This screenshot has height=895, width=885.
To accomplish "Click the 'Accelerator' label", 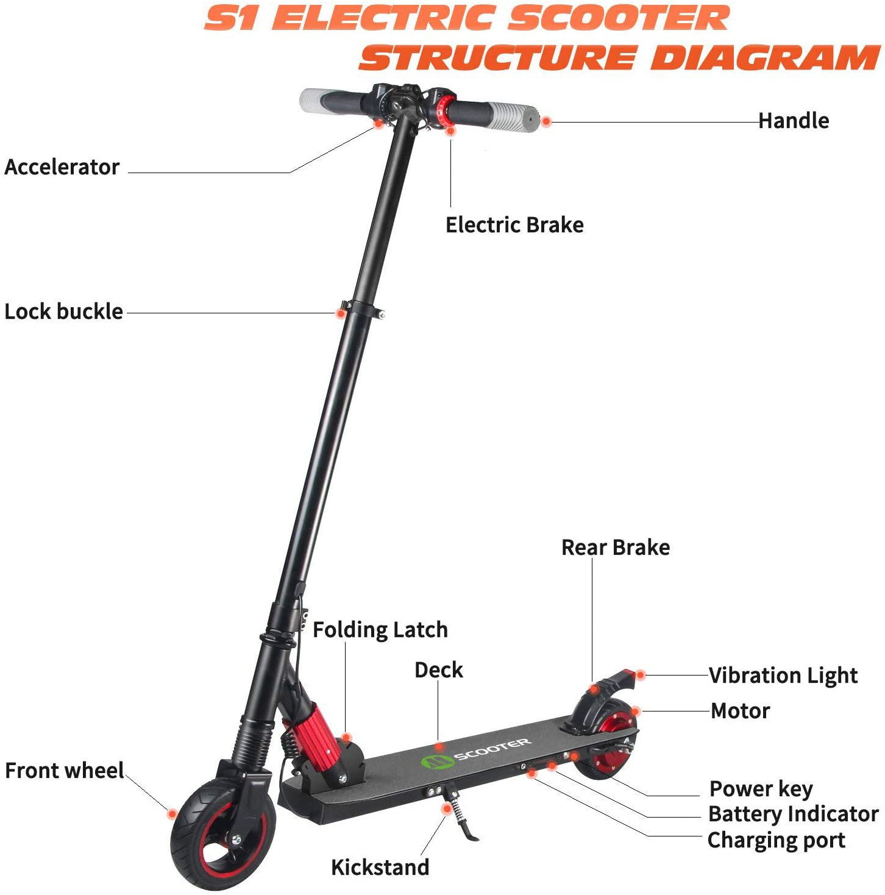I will point(62,167).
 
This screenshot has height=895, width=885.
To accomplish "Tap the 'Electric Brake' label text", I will point(514,225).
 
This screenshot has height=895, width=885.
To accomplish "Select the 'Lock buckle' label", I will point(63,312).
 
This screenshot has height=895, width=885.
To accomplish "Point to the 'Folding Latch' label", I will point(380,630).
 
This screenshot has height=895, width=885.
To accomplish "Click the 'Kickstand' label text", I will point(380,867).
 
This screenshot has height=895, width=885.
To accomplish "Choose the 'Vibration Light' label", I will point(783,676).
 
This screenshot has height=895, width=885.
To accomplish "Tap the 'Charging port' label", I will point(776,840).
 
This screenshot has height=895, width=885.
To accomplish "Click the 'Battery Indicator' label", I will point(793,814).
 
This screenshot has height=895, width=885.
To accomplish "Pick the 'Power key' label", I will point(761,789).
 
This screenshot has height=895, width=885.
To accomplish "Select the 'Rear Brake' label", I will point(615,547).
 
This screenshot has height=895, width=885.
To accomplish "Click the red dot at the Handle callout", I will point(547,122).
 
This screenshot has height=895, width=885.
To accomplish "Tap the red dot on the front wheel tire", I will point(172,814).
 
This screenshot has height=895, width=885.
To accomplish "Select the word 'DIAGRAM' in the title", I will point(765,59).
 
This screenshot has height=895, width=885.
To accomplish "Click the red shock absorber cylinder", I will point(319,735).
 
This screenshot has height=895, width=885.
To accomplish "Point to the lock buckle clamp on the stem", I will point(363,310).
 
